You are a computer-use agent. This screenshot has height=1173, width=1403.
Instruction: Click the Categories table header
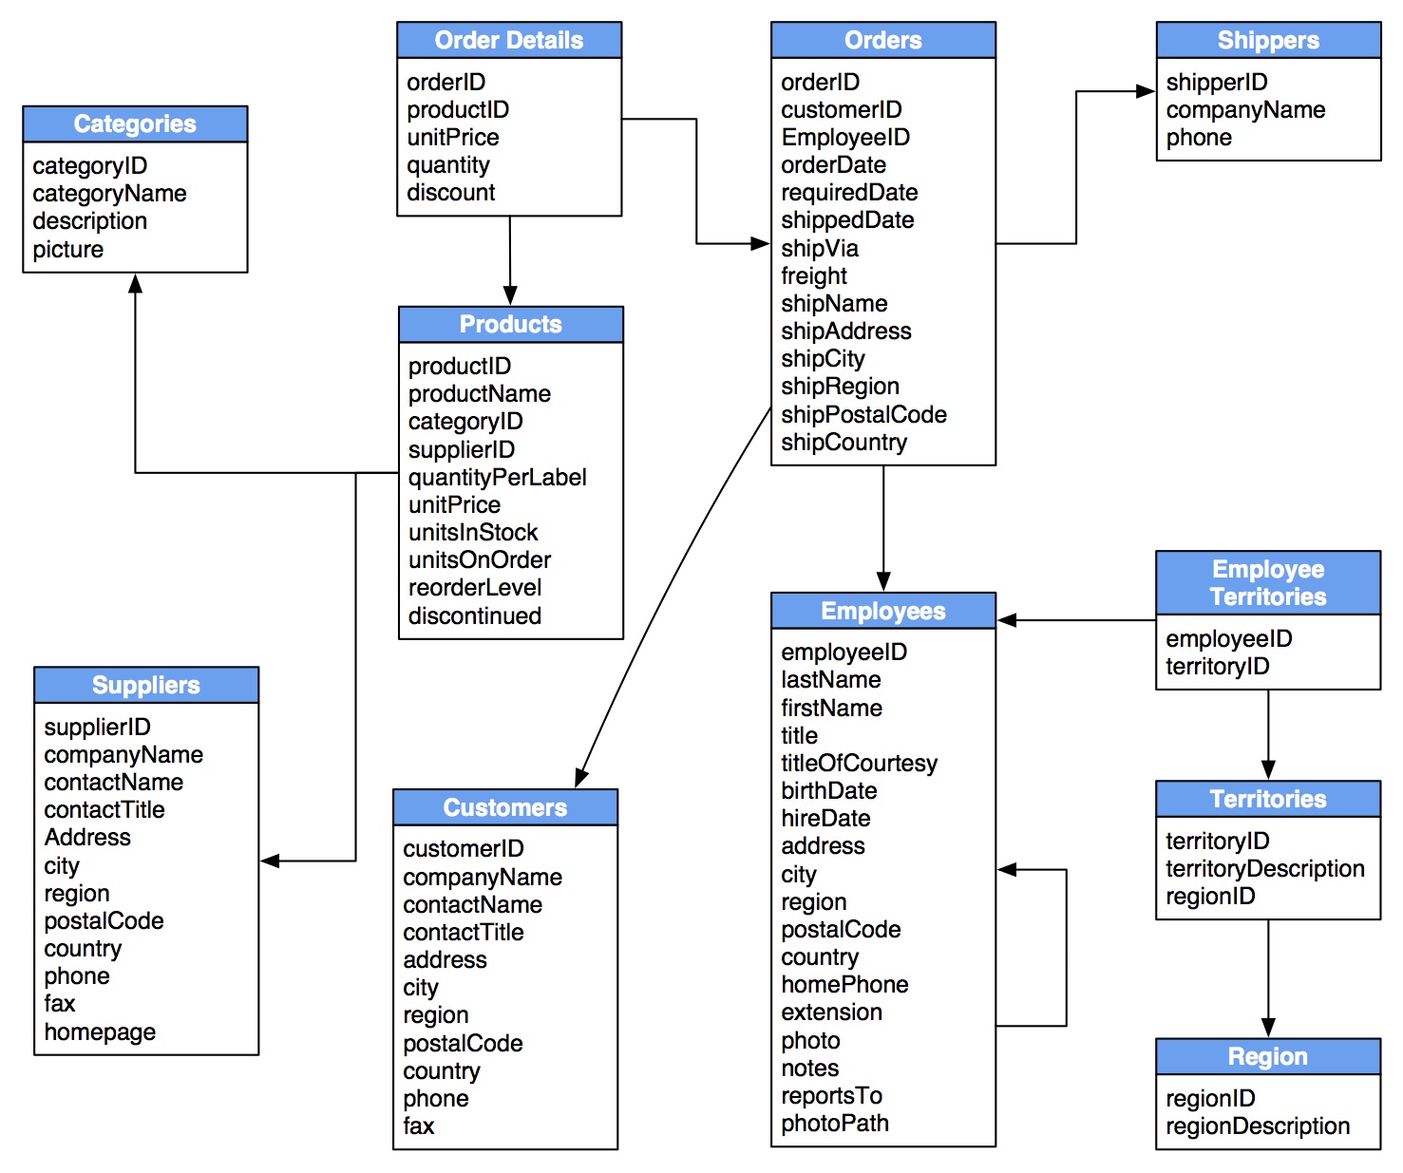click(x=135, y=123)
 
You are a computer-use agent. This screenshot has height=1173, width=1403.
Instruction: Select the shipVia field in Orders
click(x=819, y=248)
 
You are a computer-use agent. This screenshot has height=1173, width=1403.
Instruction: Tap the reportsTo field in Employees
click(x=831, y=1095)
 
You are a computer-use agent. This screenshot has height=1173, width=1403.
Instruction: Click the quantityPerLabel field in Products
click(x=497, y=477)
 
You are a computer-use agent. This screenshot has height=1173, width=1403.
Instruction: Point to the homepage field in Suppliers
click(x=100, y=1031)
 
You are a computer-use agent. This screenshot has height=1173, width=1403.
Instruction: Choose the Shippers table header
click(x=1267, y=40)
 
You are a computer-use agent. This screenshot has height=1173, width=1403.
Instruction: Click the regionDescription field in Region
click(x=1257, y=1126)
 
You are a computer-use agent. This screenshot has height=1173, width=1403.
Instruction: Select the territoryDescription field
click(x=1264, y=868)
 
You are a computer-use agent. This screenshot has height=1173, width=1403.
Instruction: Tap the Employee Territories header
click(x=1267, y=582)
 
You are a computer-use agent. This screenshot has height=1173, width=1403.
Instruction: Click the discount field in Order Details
click(x=450, y=192)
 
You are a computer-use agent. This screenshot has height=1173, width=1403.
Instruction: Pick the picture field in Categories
click(x=67, y=249)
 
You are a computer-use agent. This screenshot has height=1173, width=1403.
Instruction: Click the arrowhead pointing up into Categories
click(x=136, y=283)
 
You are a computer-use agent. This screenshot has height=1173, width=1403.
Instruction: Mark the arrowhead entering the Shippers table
click(x=1146, y=92)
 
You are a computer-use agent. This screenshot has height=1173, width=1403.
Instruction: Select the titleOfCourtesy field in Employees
click(x=859, y=763)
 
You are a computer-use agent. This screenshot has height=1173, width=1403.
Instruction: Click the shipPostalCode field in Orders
click(x=863, y=414)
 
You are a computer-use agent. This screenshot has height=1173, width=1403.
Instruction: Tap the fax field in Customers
click(x=418, y=1126)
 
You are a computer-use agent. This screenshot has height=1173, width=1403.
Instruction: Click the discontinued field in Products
click(x=474, y=615)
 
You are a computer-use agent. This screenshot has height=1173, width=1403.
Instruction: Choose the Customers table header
click(x=504, y=807)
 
